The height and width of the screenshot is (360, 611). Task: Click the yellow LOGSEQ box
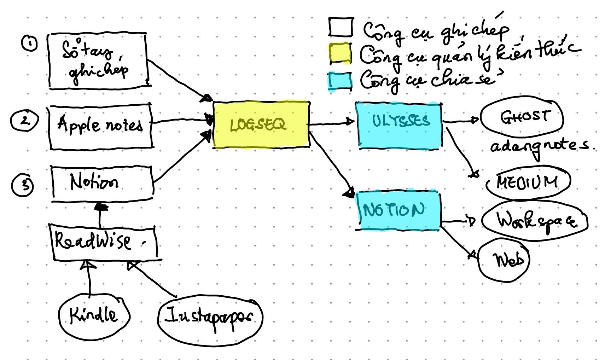261,124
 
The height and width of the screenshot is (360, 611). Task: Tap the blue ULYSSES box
400,124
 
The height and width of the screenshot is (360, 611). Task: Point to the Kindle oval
94,315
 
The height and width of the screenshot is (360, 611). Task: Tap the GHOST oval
522,117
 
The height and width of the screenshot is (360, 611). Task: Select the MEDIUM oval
528,182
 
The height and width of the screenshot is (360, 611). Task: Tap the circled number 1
30,44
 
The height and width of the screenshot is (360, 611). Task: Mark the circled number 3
23,185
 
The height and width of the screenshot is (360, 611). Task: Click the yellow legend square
340,54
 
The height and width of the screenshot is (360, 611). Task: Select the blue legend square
340,81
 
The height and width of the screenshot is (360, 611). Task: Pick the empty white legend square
341,27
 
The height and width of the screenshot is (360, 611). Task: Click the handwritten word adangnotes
539,146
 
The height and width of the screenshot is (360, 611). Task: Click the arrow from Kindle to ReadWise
89,279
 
